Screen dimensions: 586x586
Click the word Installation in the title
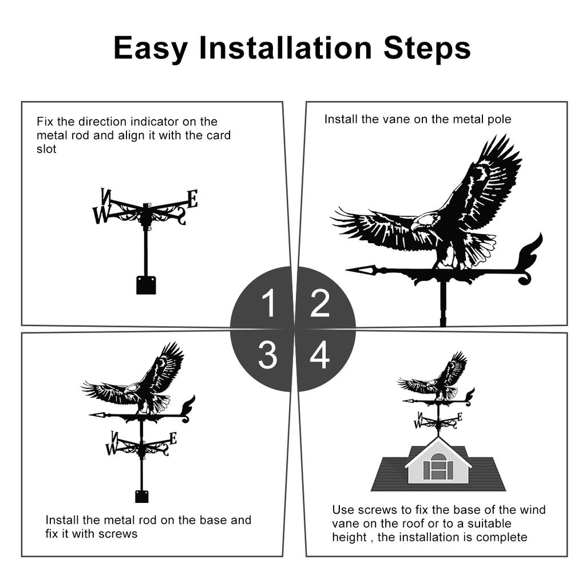coord(286,48)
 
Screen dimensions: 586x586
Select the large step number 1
coord(269,303)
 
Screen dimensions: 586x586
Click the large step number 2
coord(320,303)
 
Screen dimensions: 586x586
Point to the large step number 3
coord(268,355)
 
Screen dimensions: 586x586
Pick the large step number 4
coord(320,355)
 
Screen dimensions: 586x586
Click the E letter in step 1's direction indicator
coord(192,199)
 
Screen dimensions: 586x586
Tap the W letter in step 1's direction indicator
coord(100,215)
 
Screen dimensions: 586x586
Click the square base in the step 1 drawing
coord(146,285)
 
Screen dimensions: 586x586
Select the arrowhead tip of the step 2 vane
coord(347,269)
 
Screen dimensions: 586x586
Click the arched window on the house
coord(438,467)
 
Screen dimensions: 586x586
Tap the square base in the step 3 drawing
coord(142,496)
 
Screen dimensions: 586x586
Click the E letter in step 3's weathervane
coord(173,438)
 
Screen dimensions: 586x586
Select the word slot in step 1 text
coord(46,149)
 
